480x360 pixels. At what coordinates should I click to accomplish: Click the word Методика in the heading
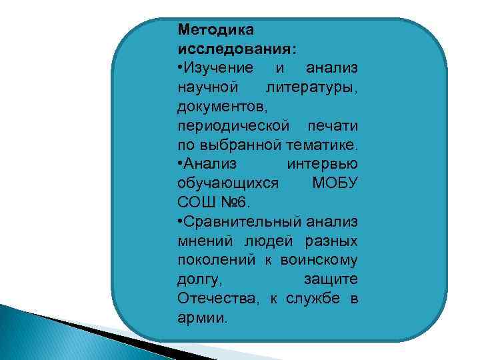click(211, 29)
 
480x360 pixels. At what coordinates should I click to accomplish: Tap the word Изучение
click(219, 68)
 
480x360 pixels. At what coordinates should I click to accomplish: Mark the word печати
click(333, 125)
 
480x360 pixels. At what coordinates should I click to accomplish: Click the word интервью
click(322, 163)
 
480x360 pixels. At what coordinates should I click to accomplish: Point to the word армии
click(202, 317)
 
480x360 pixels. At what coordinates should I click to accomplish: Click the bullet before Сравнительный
click(180, 221)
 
